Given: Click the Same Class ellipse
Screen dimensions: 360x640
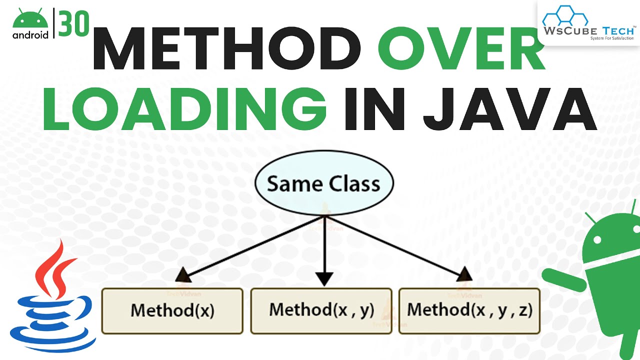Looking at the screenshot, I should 324,184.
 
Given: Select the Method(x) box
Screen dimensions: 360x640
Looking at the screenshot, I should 172,310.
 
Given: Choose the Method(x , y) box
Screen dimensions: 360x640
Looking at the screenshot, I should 321,310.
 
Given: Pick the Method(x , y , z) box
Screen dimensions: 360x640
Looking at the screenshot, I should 469,310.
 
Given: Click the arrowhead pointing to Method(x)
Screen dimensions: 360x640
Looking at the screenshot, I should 182,274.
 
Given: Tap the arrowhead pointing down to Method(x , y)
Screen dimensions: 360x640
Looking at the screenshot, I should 324,278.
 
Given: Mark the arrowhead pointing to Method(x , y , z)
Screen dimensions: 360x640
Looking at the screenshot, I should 464,273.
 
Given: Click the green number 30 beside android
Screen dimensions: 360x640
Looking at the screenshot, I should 74,23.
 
